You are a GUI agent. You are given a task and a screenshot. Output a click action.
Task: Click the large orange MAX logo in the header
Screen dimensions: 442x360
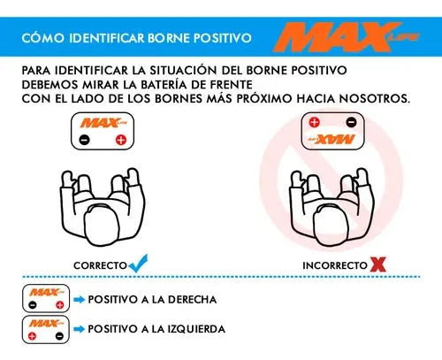click(347, 37)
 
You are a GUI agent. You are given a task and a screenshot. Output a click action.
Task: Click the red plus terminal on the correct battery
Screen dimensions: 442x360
click(121, 140)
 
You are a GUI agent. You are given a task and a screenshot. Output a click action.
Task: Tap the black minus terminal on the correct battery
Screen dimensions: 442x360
click(84, 140)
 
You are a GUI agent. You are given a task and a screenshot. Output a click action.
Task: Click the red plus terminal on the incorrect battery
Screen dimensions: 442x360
click(314, 122)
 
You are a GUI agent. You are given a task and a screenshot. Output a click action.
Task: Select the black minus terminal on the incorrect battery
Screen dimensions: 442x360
click(351, 122)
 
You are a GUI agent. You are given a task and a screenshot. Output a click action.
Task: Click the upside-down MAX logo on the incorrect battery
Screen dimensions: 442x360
click(332, 139)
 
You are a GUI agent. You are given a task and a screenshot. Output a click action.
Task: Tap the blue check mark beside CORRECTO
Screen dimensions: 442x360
click(138, 263)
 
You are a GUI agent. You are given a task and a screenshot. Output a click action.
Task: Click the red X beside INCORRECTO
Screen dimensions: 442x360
click(377, 264)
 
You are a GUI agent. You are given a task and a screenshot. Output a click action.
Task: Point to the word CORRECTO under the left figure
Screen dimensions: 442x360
click(100, 265)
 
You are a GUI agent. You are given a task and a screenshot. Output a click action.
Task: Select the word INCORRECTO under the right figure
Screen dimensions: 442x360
click(335, 265)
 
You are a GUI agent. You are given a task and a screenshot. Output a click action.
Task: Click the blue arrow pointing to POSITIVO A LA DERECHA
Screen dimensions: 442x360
click(80, 300)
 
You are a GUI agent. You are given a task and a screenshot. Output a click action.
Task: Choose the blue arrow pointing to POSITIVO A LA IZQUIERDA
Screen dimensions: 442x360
click(80, 329)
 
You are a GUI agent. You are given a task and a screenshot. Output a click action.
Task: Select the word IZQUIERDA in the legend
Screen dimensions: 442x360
click(196, 329)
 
